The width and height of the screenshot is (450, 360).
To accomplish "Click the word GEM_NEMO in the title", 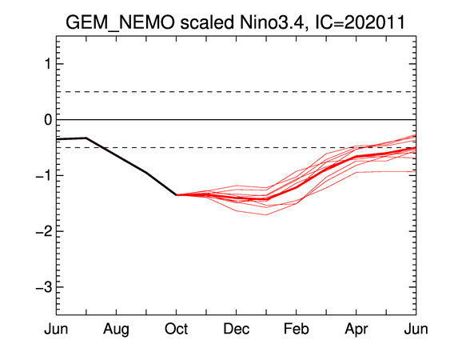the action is click(120, 22).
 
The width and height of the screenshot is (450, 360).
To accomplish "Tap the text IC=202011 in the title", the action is click(360, 22).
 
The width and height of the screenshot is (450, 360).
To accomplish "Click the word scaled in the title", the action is click(207, 22).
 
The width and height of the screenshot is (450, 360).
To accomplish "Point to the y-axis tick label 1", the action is click(48, 64).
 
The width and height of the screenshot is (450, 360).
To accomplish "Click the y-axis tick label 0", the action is click(48, 119).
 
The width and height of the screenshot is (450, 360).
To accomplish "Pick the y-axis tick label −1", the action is click(44, 175).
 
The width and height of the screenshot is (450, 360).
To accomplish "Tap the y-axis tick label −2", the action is click(44, 231).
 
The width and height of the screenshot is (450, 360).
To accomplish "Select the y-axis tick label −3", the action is click(44, 287).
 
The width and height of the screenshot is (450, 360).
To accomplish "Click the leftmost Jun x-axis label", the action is click(56, 329).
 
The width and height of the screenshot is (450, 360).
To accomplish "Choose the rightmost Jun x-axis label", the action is click(416, 329).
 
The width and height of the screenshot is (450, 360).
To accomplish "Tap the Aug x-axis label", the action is click(116, 330).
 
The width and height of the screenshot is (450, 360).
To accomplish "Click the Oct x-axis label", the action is click(176, 329).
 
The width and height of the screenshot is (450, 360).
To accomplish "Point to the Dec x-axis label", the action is click(237, 329).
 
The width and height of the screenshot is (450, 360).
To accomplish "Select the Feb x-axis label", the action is click(297, 329).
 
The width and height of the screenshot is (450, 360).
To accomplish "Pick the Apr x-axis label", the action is click(356, 330).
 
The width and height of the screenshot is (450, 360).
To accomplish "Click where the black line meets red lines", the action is click(176, 194).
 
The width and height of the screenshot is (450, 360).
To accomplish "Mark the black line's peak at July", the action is click(86, 138).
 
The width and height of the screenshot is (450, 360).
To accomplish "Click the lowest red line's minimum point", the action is click(266, 214).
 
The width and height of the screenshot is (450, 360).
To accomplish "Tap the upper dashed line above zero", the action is click(237, 92).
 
